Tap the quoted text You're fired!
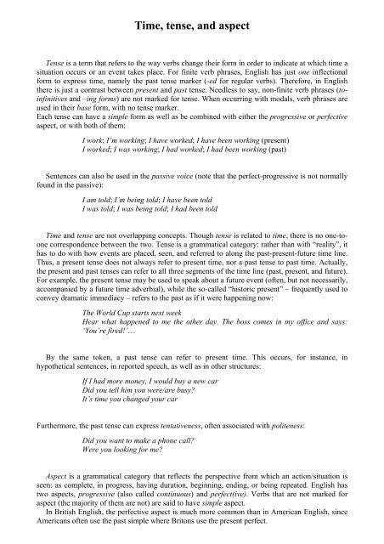click(x=107, y=344)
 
